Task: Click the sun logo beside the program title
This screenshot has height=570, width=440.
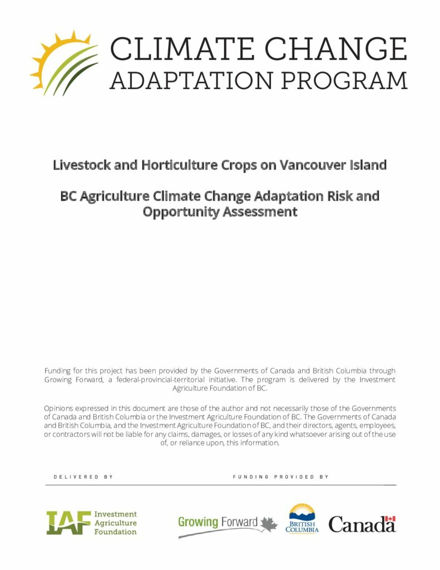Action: pos(63,62)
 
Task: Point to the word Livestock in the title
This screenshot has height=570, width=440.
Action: pos(81,165)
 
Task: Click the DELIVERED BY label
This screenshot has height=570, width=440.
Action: pos(83,477)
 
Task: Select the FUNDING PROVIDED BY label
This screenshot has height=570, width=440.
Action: pos(280,477)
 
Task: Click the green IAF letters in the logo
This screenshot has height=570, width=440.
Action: pos(68,522)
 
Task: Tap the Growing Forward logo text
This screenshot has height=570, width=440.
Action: pos(217,522)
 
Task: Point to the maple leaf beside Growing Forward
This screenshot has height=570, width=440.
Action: pos(269,524)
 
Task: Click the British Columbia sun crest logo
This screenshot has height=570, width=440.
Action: pos(302,518)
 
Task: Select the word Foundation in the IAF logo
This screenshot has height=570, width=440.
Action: pos(115,532)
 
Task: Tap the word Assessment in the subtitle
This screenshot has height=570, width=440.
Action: pos(264,212)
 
